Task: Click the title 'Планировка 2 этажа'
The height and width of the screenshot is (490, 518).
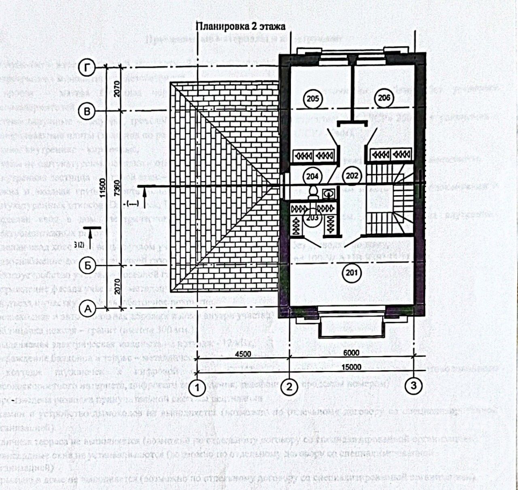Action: pyautogui.click(x=241, y=26)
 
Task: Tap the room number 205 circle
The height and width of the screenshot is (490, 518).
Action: pyautogui.click(x=313, y=98)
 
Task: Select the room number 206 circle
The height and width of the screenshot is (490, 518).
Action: pyautogui.click(x=384, y=97)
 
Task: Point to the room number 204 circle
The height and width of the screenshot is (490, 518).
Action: pyautogui.click(x=312, y=176)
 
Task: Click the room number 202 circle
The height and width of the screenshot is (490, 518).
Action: pyautogui.click(x=352, y=176)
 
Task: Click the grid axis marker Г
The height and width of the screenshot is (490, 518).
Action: pyautogui.click(x=87, y=67)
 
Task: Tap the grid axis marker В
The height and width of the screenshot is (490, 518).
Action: pyautogui.click(x=87, y=111)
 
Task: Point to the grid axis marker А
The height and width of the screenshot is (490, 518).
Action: pyautogui.click(x=87, y=309)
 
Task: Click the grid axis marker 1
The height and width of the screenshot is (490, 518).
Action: pyautogui.click(x=197, y=388)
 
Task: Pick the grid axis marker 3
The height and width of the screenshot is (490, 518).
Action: pyautogui.click(x=414, y=386)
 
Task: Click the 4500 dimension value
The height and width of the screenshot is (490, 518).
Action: pyautogui.click(x=242, y=354)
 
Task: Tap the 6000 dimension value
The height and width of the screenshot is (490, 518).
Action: pyautogui.click(x=351, y=353)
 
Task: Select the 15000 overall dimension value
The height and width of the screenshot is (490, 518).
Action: pyautogui.click(x=351, y=367)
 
